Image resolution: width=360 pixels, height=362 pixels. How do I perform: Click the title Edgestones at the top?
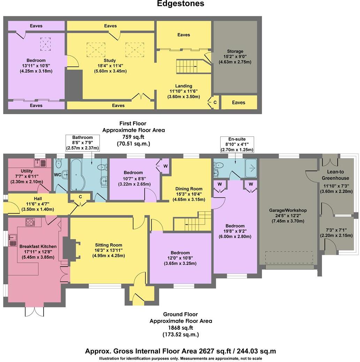coord(181,4)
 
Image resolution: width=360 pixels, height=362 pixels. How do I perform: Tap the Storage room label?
coord(235,51)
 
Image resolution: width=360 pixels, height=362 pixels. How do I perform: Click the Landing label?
coord(184,86)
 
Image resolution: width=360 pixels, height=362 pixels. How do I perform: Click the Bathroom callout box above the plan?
coord(83,143)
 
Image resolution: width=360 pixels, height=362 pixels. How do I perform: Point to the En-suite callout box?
coord(237,144)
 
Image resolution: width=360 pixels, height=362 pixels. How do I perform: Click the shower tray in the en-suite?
coord(251,169)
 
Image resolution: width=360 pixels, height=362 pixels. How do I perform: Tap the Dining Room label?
coord(189,188)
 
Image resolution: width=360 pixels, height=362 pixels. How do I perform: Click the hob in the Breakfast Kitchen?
coord(30,222)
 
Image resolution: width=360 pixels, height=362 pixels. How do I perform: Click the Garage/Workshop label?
coord(288,210)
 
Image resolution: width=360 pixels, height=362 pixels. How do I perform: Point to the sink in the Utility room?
coord(39,163)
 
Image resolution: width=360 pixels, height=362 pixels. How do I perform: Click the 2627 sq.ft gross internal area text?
coord(180,351)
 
